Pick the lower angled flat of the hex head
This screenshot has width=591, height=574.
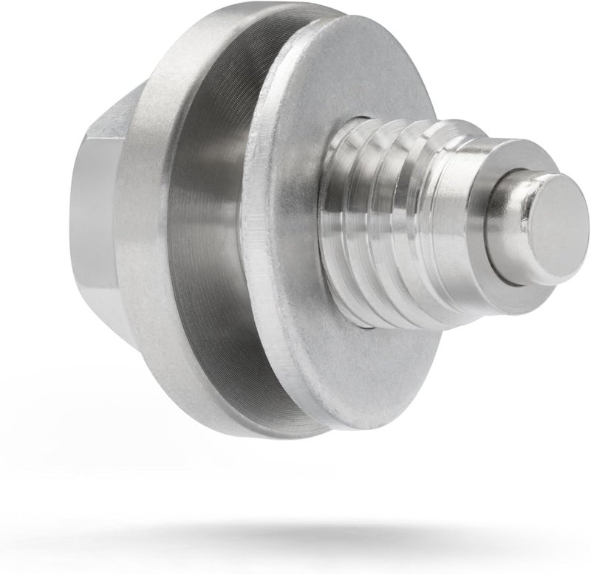tap(107, 317)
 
